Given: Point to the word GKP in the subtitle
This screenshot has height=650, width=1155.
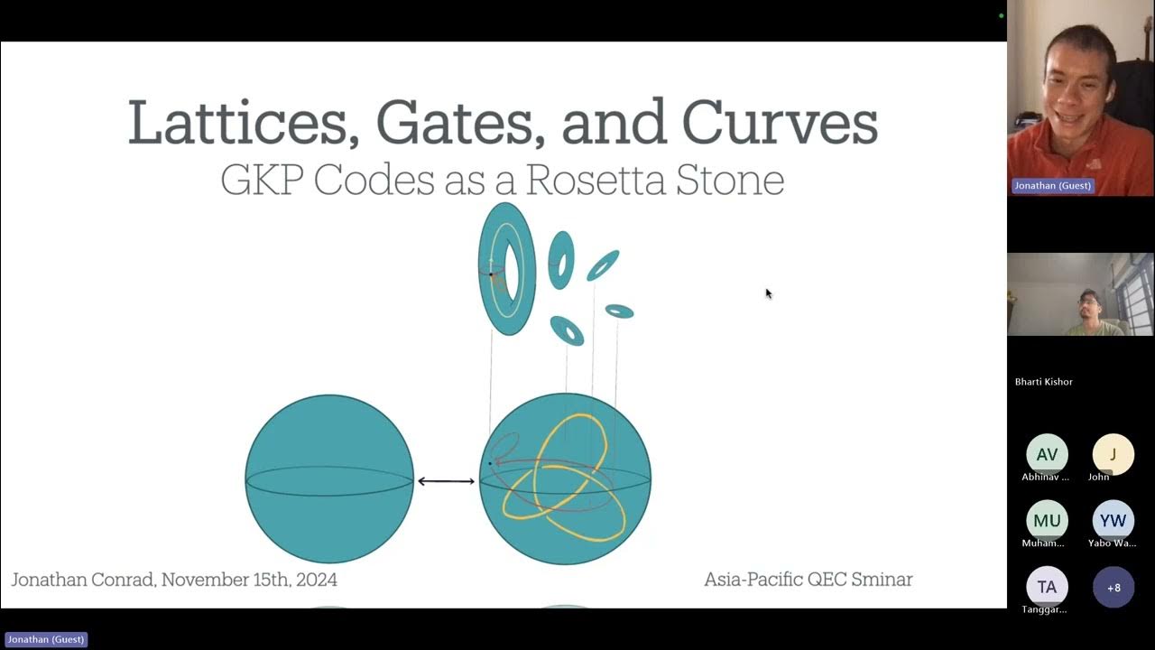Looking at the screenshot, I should pyautogui.click(x=263, y=180).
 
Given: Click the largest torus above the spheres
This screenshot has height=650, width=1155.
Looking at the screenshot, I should pyautogui.click(x=506, y=269).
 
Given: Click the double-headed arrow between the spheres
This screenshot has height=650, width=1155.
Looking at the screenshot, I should pyautogui.click(x=446, y=481).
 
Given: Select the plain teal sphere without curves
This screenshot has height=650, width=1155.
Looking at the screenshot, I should pyautogui.click(x=329, y=478).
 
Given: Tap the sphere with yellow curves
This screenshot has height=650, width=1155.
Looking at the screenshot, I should pyautogui.click(x=565, y=478).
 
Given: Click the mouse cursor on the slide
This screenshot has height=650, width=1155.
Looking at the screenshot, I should pyautogui.click(x=768, y=292).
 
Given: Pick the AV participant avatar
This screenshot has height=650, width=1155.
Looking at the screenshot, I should pyautogui.click(x=1047, y=455).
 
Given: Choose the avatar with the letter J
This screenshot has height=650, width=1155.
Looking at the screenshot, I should pyautogui.click(x=1113, y=455).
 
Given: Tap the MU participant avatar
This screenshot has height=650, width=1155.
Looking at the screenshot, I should pyautogui.click(x=1047, y=521).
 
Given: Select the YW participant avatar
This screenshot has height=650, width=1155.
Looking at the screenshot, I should pyautogui.click(x=1113, y=521).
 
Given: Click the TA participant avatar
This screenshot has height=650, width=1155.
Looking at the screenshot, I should pyautogui.click(x=1047, y=587).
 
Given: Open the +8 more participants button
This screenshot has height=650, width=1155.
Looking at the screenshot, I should pyautogui.click(x=1113, y=587).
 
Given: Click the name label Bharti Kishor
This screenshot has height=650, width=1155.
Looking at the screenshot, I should pyautogui.click(x=1044, y=382).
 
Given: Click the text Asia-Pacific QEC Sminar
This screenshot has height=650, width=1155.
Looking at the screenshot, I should pyautogui.click(x=808, y=580).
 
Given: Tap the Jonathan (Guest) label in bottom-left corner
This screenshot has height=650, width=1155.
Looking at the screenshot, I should pyautogui.click(x=46, y=639).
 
